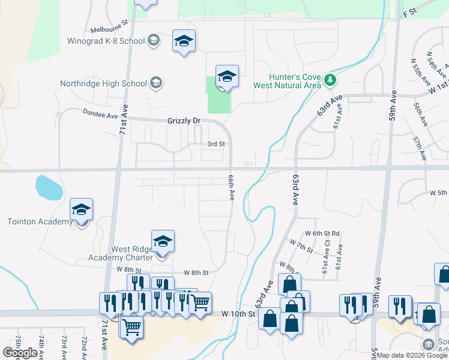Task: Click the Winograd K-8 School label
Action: [106, 41]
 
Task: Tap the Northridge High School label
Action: [103, 83]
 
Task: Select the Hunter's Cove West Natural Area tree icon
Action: [329, 79]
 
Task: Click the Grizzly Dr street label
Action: [183, 121]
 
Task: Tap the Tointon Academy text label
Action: [40, 221]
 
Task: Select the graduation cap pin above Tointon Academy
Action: [82, 209]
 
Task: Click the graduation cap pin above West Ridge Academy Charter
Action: [163, 241]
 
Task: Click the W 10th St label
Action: [238, 313]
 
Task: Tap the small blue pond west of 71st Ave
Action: [49, 187]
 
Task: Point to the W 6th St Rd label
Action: [322, 233]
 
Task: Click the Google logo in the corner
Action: [20, 353]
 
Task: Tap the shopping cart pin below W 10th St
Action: [131, 328]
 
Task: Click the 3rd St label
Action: [215, 144]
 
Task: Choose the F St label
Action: [410, 12]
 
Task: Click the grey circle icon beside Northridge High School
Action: [156, 83]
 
